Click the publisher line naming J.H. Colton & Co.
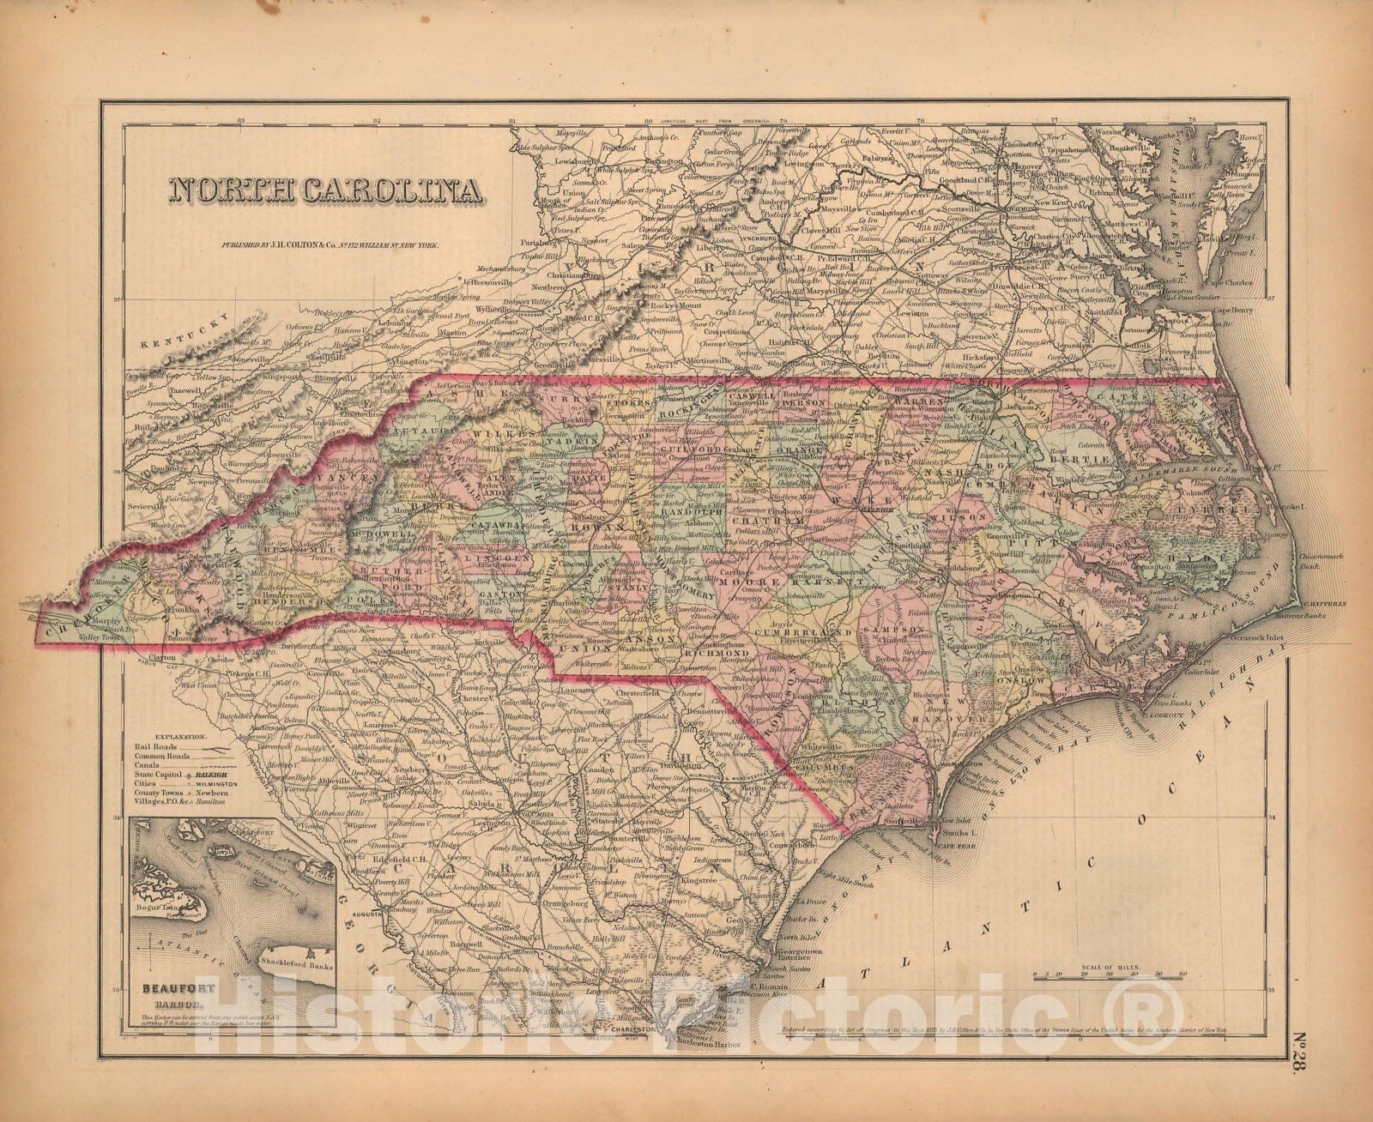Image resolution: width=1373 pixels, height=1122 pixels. pos(330,245)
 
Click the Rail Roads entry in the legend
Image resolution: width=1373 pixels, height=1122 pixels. pos(175,748)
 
